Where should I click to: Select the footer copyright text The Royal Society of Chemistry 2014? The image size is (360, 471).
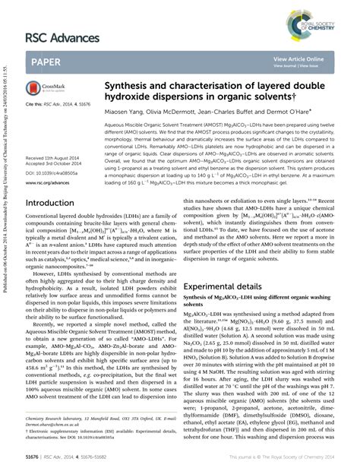[x=289, y=457]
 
